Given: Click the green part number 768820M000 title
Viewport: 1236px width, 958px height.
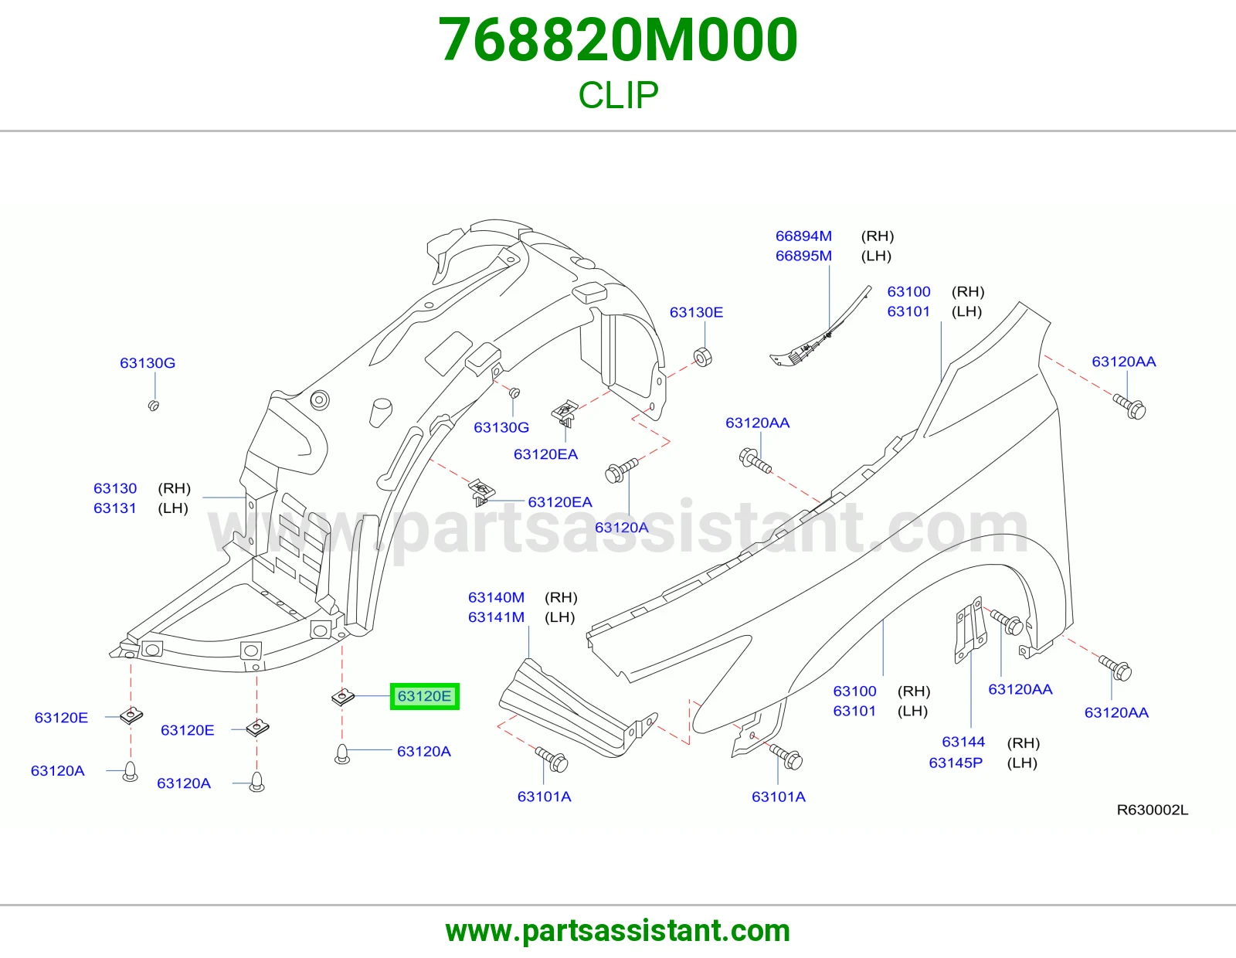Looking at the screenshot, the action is click(618, 40).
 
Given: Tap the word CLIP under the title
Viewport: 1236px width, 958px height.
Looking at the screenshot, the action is click(618, 95).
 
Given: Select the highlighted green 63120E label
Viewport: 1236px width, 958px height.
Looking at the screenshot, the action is click(424, 696).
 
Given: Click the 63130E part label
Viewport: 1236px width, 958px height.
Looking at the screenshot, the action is click(696, 312).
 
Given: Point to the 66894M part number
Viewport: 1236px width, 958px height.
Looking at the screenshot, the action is click(803, 236).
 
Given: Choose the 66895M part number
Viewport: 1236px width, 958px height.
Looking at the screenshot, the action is click(803, 256).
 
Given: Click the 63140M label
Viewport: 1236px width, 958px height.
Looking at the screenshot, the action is click(496, 597).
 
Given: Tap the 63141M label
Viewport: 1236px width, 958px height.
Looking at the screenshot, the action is click(496, 617).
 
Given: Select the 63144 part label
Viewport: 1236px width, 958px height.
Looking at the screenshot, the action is click(963, 742).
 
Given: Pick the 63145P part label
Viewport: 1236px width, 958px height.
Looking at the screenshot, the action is click(956, 763).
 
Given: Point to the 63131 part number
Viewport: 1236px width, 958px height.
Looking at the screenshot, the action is click(115, 508).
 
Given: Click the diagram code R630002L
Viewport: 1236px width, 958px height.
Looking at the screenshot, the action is click(1153, 810).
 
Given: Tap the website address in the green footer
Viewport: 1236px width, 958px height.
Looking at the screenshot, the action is click(618, 931).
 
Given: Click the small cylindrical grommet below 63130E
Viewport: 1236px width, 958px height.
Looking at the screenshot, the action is click(703, 357).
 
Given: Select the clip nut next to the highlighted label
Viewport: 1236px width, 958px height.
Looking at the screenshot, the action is click(343, 697).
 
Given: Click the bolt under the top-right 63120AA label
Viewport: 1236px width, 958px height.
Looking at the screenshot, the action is click(1129, 407).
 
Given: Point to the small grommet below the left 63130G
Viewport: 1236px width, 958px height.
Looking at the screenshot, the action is click(154, 406).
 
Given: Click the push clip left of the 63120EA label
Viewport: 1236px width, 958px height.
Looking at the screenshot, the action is click(481, 491).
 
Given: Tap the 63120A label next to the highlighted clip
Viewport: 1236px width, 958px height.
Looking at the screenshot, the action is click(424, 752).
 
